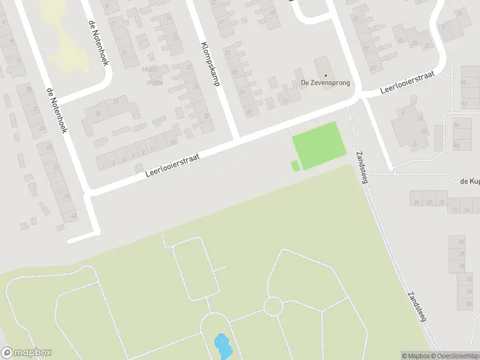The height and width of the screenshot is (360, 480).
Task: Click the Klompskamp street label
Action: (209, 64)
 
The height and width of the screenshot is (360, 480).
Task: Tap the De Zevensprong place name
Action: (325, 83)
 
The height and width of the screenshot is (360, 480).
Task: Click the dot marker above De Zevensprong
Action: (326, 75)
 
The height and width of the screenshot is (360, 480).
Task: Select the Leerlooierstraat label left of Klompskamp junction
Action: (172, 163)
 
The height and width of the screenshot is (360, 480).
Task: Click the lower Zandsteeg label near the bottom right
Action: (417, 308)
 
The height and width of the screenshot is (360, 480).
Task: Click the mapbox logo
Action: (26, 353)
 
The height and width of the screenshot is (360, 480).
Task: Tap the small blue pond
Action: (222, 346)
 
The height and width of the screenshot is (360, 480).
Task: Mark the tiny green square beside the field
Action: (295, 166)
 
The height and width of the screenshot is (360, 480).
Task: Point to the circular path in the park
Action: (273, 306)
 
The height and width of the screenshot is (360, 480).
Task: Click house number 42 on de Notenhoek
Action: (73, 216)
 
